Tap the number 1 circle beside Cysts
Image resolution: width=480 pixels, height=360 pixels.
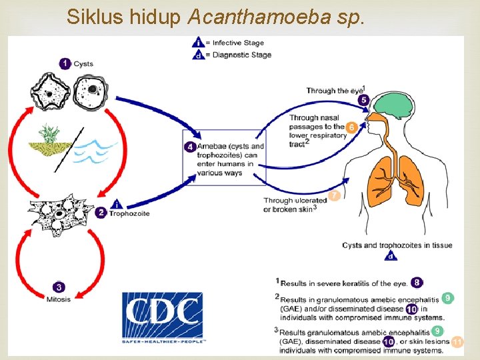tap(65, 63)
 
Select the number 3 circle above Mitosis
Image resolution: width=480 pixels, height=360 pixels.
tap(59, 287)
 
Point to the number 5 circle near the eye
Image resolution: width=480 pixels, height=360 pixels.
tap(363, 100)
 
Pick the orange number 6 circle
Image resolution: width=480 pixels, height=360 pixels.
tap(351, 127)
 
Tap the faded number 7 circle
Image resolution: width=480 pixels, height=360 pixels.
tap(334, 195)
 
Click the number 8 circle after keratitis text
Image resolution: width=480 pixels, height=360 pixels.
tap(417, 283)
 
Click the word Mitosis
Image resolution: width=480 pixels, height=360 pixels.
tap(59, 299)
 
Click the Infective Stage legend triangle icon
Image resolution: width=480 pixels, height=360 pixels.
tap(199, 43)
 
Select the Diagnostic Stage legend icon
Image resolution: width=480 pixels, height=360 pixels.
tap(199, 55)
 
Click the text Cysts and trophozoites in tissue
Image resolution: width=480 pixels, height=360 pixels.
tap(397, 245)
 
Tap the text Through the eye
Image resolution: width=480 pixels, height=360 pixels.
tap(335, 90)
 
